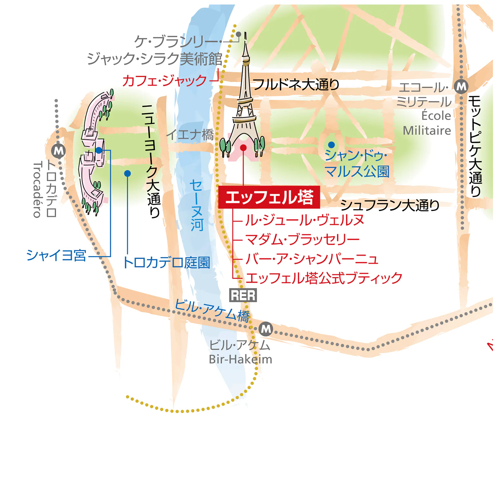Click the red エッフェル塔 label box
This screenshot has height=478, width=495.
(269, 197)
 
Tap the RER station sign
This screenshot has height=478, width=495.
(243, 295)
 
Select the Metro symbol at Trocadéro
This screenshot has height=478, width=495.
(59, 151)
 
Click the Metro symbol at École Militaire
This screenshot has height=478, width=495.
(461, 86)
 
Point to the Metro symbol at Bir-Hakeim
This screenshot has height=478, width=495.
(266, 329)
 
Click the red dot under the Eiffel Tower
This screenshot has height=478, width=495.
(243, 147)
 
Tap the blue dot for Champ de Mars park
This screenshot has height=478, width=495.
(331, 144)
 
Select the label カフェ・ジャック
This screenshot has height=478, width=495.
(164, 80)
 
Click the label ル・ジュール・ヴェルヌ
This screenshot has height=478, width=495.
(305, 220)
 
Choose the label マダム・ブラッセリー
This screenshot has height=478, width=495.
(302, 239)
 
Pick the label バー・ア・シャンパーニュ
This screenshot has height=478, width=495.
(312, 259)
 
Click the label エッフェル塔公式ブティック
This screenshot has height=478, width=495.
(324, 278)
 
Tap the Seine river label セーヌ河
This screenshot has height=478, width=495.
(197, 205)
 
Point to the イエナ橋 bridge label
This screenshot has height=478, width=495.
(190, 134)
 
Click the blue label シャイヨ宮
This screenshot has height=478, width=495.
(56, 255)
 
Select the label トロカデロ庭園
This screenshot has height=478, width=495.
(167, 263)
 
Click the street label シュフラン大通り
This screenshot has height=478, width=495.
(390, 205)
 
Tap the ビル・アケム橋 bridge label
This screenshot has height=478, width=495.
(212, 310)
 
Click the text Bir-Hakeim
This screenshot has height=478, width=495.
(240, 359)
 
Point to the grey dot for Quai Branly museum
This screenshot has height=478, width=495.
(238, 34)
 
